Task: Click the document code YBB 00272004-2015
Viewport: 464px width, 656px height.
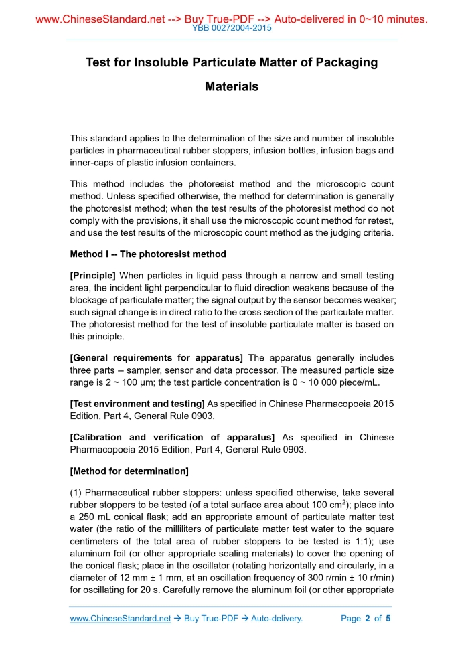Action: click(x=232, y=28)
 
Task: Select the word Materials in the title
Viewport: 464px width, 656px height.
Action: click(x=232, y=86)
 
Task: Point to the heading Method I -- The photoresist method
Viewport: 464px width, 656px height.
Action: click(x=148, y=254)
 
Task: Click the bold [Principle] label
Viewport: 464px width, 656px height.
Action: click(x=93, y=275)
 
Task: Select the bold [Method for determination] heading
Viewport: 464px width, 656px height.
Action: click(x=129, y=471)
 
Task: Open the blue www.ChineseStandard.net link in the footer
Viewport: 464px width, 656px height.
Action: click(x=121, y=618)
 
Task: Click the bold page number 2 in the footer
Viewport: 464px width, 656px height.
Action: click(x=367, y=618)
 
